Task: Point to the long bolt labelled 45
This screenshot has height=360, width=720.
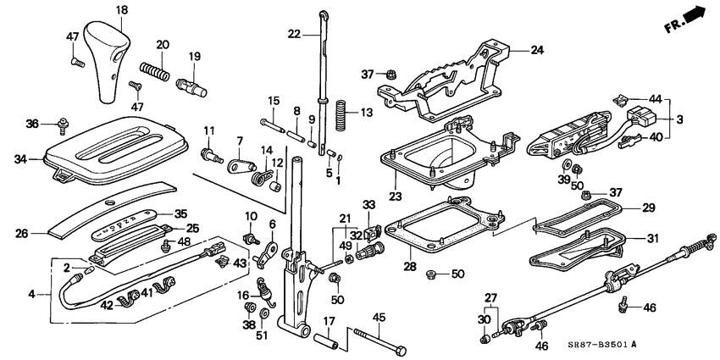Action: [x=379, y=341]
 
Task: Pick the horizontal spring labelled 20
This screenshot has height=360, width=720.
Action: [x=154, y=69]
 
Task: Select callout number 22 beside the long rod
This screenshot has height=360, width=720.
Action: [x=295, y=34]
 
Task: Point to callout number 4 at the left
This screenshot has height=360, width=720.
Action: [x=32, y=295]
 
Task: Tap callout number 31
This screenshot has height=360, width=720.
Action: [x=651, y=238]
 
